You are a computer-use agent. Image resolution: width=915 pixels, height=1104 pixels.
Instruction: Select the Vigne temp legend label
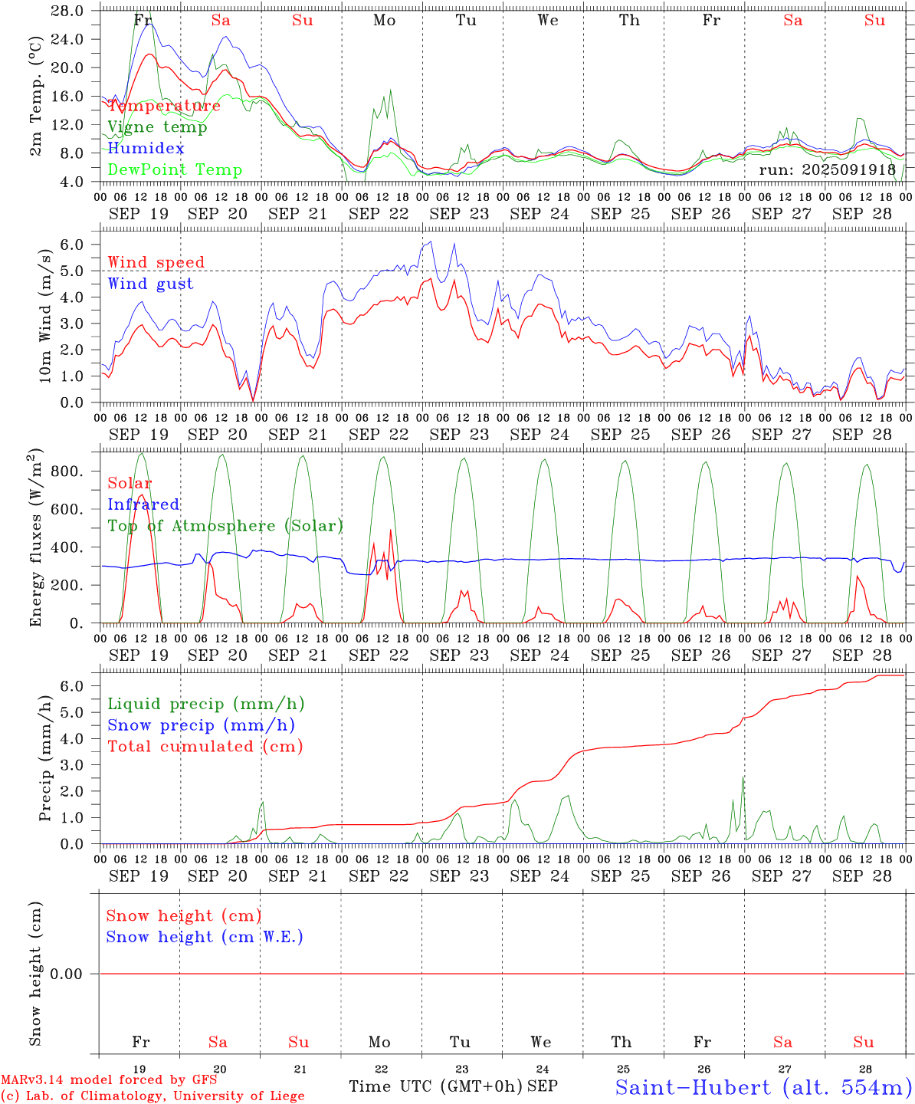[157, 127]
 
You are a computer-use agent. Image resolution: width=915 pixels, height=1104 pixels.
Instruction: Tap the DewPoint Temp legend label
[175, 169]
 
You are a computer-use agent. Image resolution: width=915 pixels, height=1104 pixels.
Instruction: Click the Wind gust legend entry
[150, 284]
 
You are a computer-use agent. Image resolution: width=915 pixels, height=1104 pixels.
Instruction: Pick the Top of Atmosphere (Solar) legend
[225, 526]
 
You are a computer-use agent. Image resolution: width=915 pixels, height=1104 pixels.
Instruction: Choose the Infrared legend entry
[143, 504]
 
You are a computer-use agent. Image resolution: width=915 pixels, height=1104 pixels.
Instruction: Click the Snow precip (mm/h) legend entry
[201, 725]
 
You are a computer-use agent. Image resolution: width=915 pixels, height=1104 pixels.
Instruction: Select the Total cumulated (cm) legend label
[205, 746]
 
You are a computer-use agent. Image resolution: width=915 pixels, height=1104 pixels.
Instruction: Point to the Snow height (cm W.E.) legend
[205, 937]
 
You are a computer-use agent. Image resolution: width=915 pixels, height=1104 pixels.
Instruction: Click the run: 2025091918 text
[827, 169]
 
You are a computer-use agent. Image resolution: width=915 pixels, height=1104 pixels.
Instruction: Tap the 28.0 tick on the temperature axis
[69, 11]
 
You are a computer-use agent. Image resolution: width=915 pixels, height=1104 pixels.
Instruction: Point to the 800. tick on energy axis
[67, 472]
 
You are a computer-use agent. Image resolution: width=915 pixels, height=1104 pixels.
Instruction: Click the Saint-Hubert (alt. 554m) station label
[763, 1086]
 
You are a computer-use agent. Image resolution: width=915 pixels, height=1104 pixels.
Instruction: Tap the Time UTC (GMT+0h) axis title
[435, 1086]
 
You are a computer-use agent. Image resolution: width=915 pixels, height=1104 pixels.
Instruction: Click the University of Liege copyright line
[152, 1096]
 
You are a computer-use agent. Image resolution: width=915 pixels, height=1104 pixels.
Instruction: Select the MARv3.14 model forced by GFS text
[109, 1080]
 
